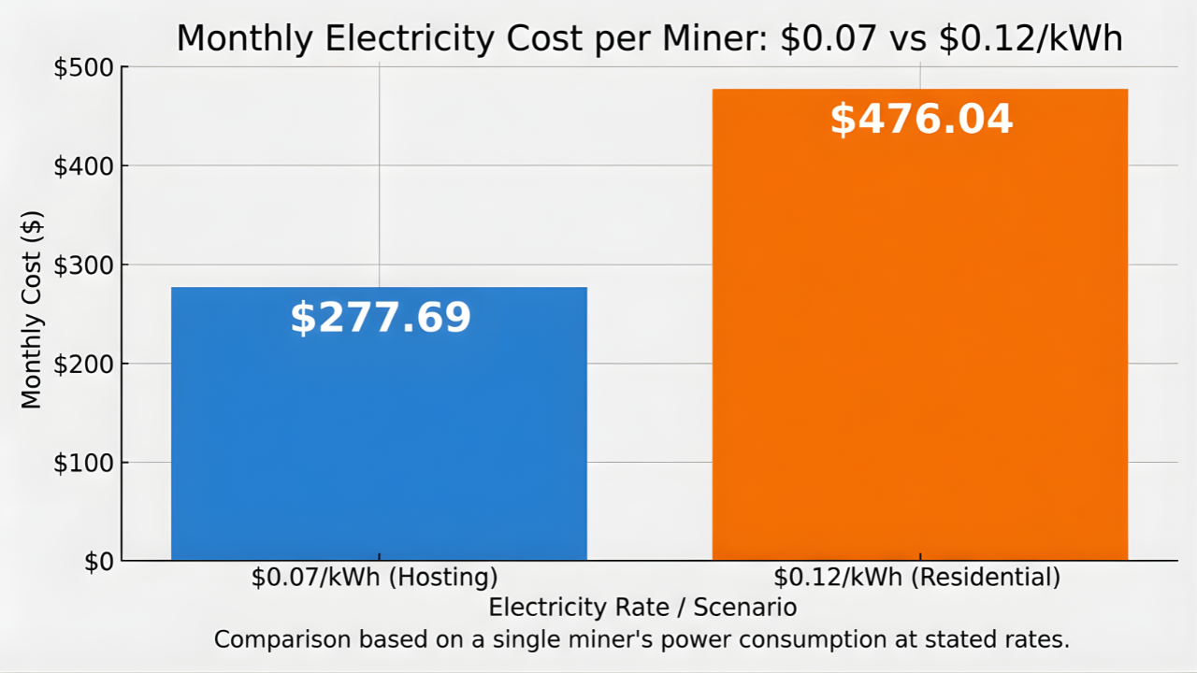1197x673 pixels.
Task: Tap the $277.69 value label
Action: click(x=381, y=319)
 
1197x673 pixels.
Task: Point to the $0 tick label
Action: click(x=99, y=562)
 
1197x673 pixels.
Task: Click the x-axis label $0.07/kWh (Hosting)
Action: click(x=374, y=578)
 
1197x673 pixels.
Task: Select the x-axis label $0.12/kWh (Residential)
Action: click(x=916, y=578)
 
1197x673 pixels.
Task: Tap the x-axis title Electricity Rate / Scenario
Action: click(x=642, y=608)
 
